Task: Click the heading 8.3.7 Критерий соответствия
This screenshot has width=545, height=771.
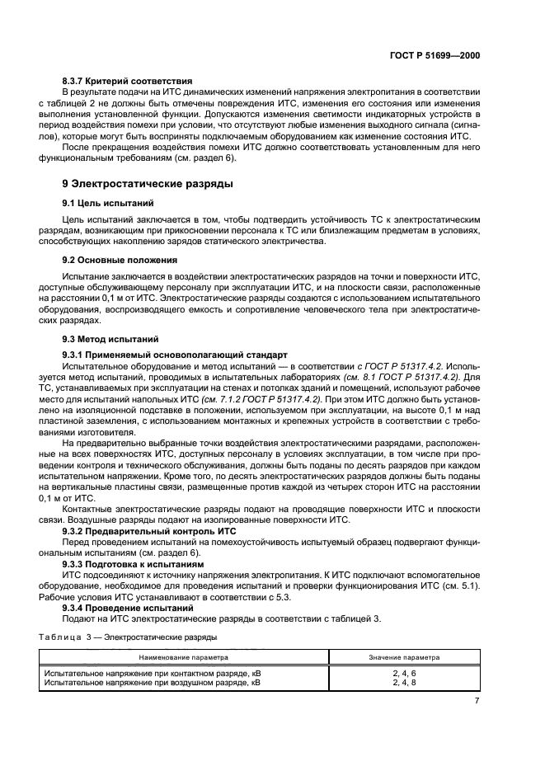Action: pyautogui.click(x=128, y=81)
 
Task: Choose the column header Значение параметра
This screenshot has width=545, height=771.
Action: pyautogui.click(x=403, y=657)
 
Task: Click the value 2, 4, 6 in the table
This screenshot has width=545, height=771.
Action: pyautogui.click(x=403, y=674)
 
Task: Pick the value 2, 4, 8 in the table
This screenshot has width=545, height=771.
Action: pyautogui.click(x=403, y=683)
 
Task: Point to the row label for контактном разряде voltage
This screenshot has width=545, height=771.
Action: pyautogui.click(x=152, y=674)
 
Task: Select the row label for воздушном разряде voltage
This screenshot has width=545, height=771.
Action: pyautogui.click(x=152, y=683)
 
